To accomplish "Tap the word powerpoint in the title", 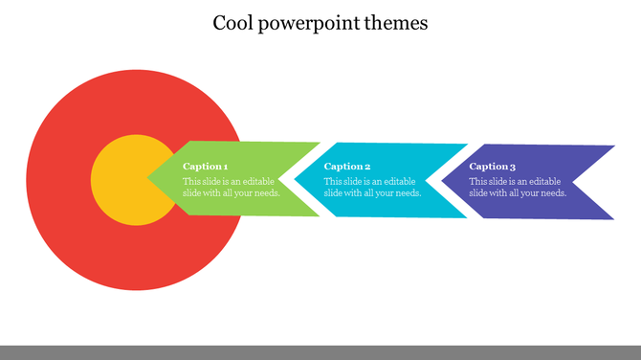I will pyautogui.click(x=308, y=22).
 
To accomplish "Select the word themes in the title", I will pyautogui.click(x=396, y=22).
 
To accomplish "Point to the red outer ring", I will pyautogui.click(x=67, y=239).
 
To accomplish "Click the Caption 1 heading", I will pyautogui.click(x=206, y=167).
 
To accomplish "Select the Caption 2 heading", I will pyautogui.click(x=347, y=167).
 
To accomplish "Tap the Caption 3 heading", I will pyautogui.click(x=492, y=167).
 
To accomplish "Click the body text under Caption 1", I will pyautogui.click(x=232, y=187).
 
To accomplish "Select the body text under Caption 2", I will pyautogui.click(x=372, y=187).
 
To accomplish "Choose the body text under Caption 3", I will pyautogui.click(x=517, y=187).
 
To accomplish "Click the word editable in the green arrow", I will pyautogui.click(x=256, y=181).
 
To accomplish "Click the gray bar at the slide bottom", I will pyautogui.click(x=320, y=352).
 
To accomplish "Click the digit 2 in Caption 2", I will pyautogui.click(x=367, y=167).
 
